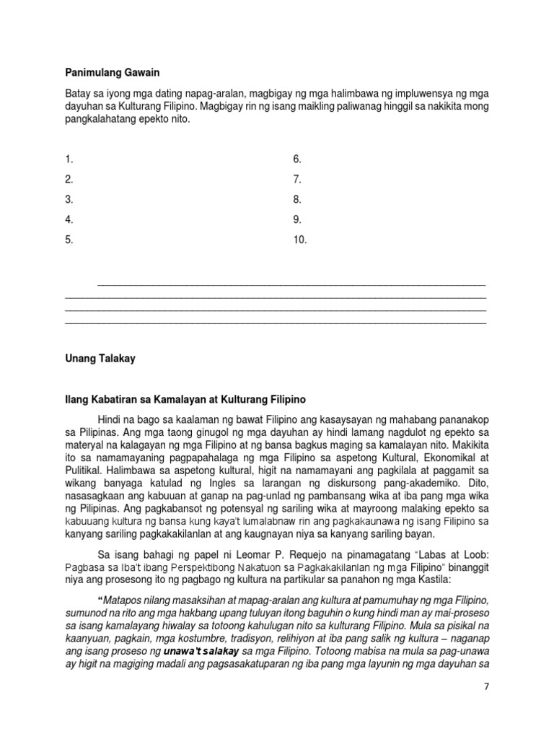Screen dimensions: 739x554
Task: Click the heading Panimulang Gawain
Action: [x=111, y=73]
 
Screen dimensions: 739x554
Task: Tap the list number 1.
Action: [x=69, y=159]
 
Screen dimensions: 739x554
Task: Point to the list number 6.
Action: [x=296, y=159]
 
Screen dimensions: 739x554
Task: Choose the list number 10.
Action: [x=299, y=240]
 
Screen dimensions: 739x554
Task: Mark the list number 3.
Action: [x=69, y=200]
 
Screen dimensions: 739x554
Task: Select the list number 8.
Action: [x=296, y=200]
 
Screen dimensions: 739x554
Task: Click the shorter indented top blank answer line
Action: [x=291, y=284]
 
